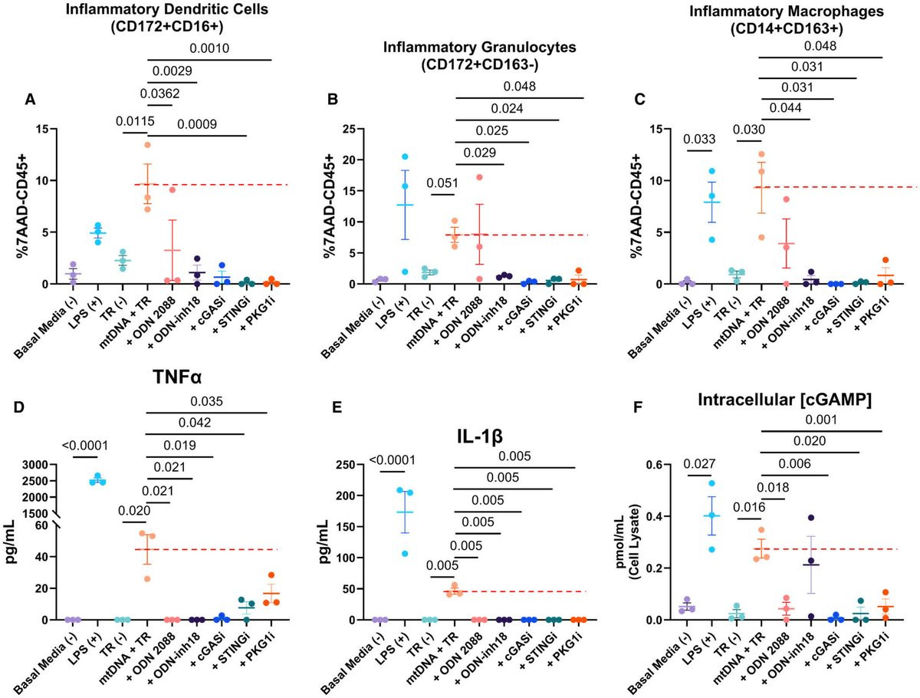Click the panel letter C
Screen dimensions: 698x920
[631, 99]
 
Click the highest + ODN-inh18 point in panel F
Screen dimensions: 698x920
[810, 518]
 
